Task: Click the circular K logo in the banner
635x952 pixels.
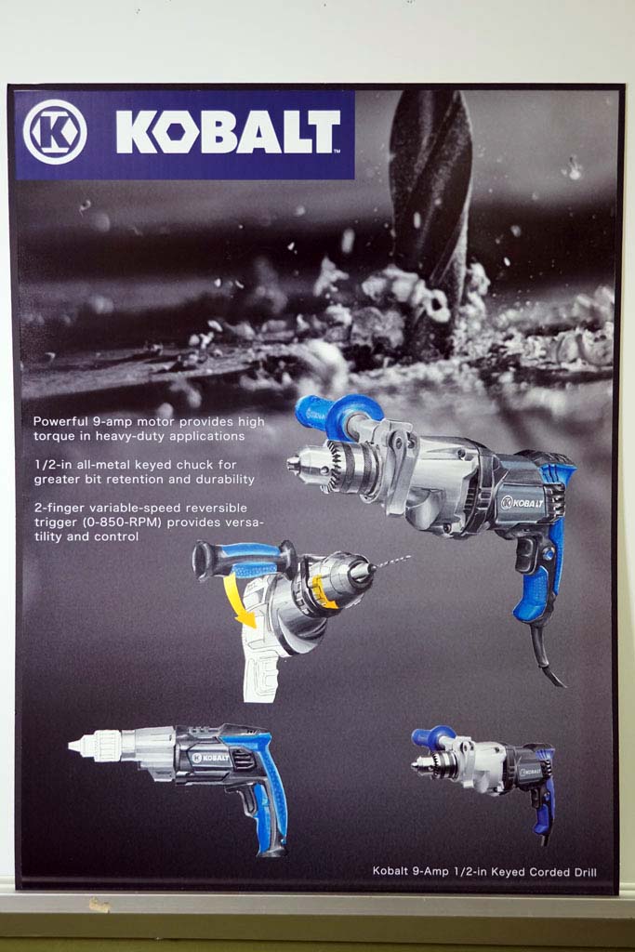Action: [55, 132]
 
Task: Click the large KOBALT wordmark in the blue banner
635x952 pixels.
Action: [228, 132]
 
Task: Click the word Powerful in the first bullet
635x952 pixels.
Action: [60, 421]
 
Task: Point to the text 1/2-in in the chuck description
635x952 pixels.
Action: [52, 465]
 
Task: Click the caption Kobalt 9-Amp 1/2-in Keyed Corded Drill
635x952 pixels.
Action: [484, 872]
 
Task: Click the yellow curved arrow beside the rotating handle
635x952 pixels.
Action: [242, 602]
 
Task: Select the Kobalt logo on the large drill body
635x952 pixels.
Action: [523, 503]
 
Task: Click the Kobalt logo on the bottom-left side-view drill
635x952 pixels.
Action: [210, 758]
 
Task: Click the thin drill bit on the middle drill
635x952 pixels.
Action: [391, 562]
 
